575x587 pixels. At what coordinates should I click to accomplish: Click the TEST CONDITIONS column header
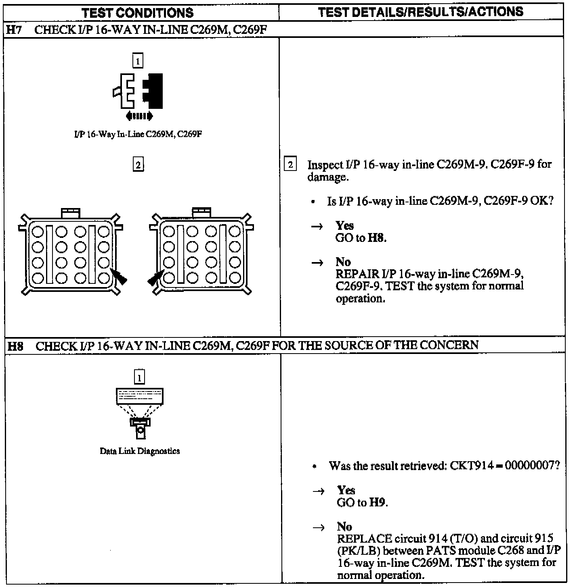click(x=138, y=13)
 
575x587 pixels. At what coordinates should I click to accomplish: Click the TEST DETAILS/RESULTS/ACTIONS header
click(x=420, y=12)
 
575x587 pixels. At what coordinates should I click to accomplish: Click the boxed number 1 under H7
click(x=138, y=61)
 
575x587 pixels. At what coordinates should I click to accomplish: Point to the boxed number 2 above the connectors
click(x=138, y=165)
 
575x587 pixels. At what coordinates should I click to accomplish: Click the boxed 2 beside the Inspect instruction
click(x=290, y=165)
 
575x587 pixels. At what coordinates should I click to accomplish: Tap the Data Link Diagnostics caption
click(x=140, y=451)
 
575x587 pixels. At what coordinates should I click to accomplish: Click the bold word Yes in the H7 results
click(x=344, y=226)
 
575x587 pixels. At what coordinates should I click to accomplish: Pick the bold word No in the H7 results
click(x=343, y=262)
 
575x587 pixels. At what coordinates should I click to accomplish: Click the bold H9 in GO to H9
click(x=378, y=503)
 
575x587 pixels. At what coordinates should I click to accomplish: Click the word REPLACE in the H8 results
click(x=365, y=539)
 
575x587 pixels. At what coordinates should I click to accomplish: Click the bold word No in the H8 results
click(x=344, y=527)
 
